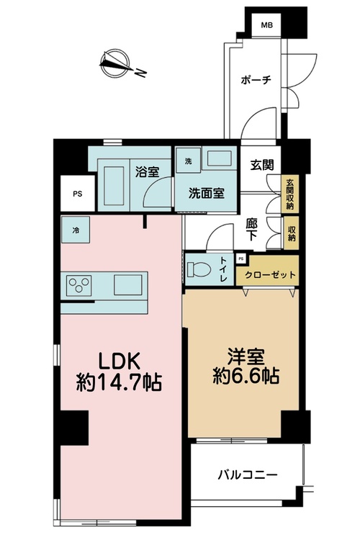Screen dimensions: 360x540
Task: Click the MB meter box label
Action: [x=266, y=25]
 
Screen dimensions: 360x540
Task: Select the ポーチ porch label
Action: [x=256, y=80]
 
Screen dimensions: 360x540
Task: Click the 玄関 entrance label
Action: [x=262, y=166]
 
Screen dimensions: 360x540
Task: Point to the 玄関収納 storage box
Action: [x=290, y=194]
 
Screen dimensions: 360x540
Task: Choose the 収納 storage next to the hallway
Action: [x=291, y=233]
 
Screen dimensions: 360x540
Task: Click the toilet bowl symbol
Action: [x=199, y=269]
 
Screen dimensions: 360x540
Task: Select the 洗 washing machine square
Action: [x=188, y=161]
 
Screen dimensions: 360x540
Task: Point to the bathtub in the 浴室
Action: [x=114, y=184]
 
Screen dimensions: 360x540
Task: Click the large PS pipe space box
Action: [x=78, y=194]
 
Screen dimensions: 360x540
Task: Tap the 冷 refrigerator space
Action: [x=76, y=230]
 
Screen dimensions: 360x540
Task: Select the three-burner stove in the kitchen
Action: [x=79, y=285]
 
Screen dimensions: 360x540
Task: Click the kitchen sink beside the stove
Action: [x=128, y=285]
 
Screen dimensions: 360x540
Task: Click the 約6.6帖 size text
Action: [x=246, y=376]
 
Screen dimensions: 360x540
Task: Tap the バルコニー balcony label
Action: [x=248, y=475]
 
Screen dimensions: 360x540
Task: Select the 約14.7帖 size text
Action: [x=120, y=382]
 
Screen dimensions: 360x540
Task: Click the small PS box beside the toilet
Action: [x=241, y=258]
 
